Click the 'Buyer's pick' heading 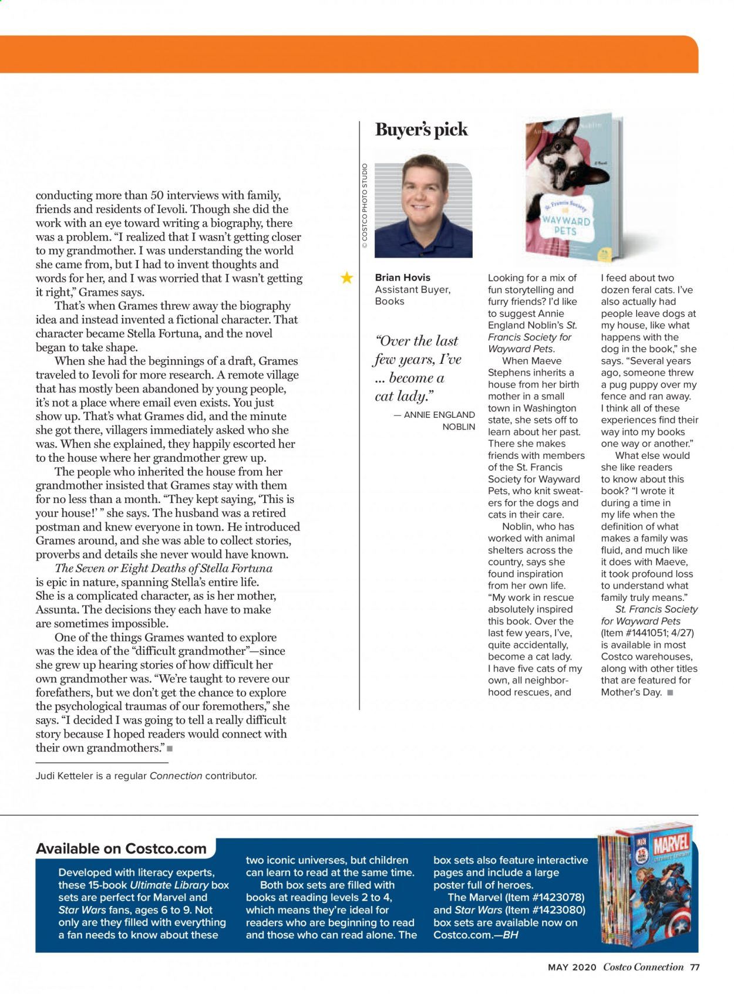point(421,130)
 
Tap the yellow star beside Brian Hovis point(347,278)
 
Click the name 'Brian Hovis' point(402,278)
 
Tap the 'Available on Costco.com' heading point(121,848)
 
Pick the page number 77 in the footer point(695,967)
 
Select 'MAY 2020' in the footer point(572,967)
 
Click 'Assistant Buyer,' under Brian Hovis point(412,289)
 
